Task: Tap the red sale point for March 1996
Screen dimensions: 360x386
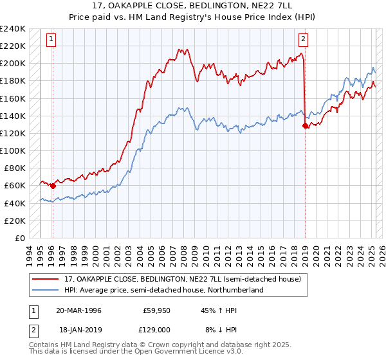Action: pyautogui.click(x=52, y=186)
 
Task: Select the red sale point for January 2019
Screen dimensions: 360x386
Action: pyautogui.click(x=305, y=126)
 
